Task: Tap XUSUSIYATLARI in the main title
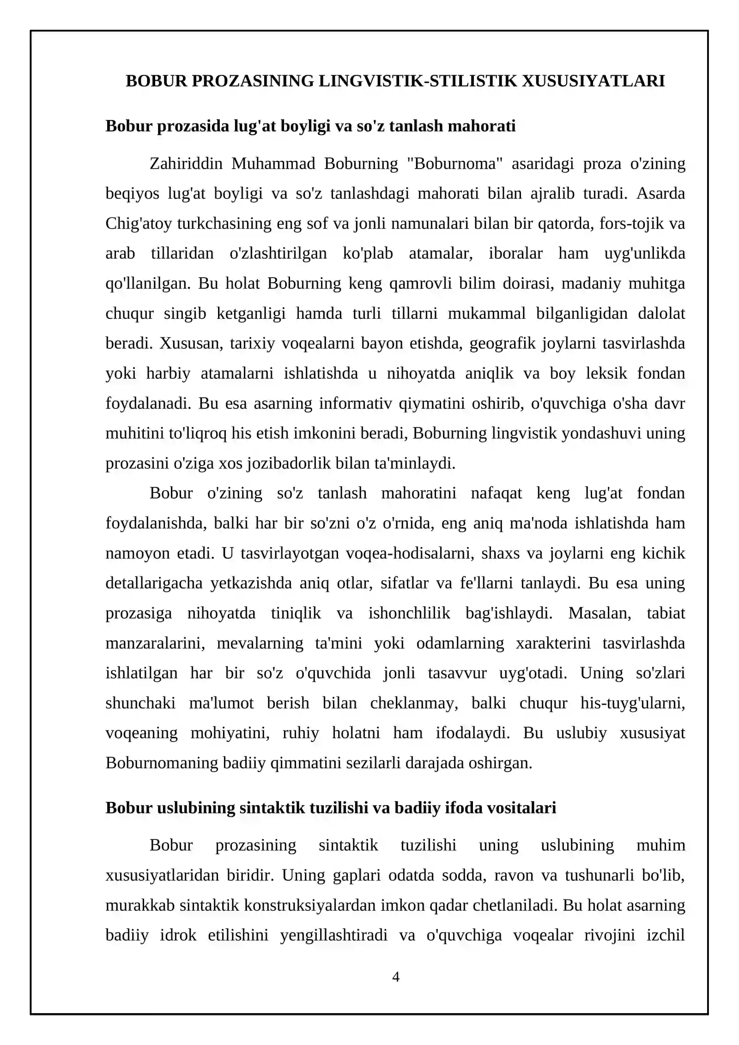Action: pos(593,81)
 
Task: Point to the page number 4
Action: pos(395,976)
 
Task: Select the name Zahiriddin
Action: pos(186,164)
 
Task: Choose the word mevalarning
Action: pos(260,643)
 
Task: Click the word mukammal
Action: pos(486,313)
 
